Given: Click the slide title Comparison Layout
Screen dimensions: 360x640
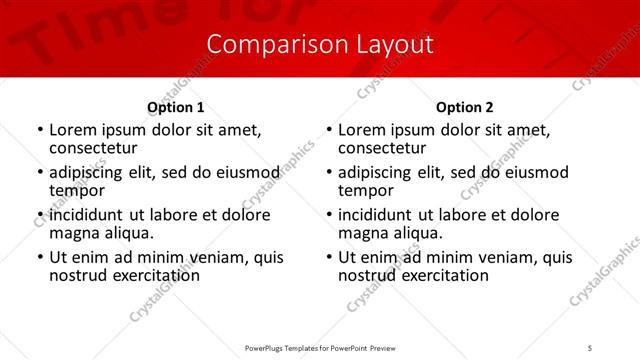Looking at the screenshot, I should click(x=320, y=45).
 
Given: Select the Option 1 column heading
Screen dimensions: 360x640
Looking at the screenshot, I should click(x=176, y=107).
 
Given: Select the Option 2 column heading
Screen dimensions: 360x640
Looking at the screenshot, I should click(x=465, y=107).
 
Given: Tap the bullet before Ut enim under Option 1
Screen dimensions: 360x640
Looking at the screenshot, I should click(x=39, y=258).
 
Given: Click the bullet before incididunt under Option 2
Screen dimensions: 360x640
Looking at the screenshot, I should click(x=328, y=215).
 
